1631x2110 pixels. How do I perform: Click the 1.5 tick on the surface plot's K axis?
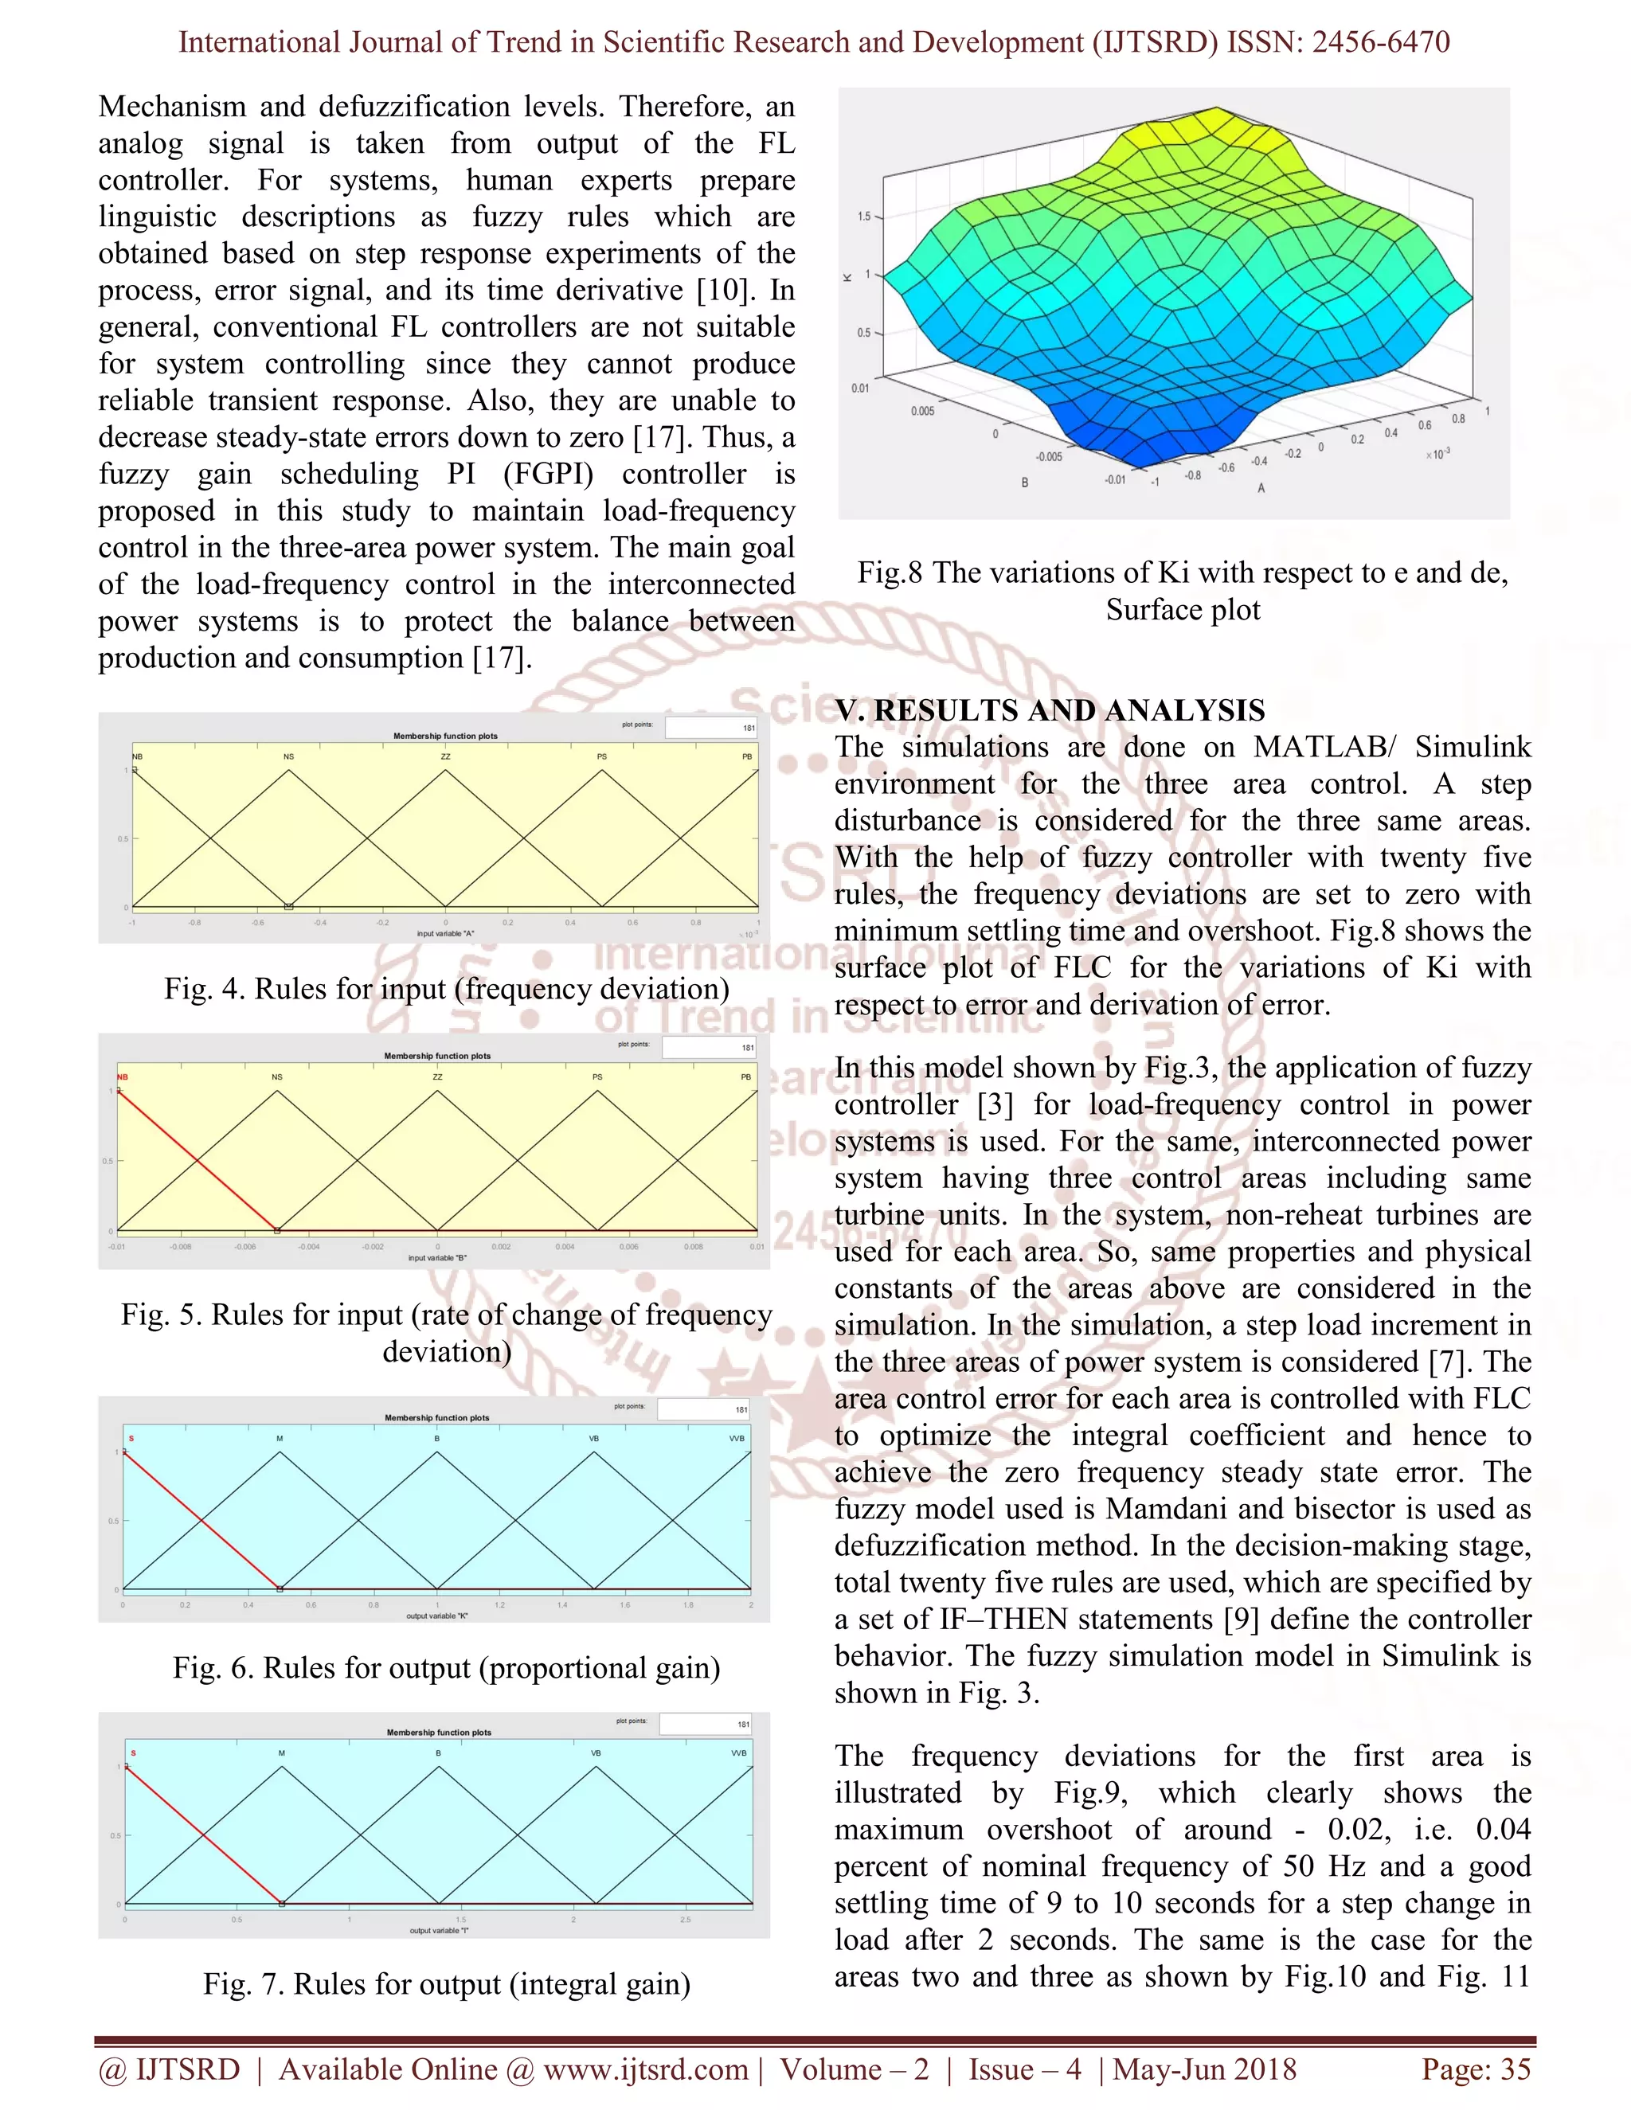[x=864, y=217]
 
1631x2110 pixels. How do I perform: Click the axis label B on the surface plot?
[x=1024, y=481]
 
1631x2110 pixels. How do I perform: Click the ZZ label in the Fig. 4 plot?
[x=445, y=756]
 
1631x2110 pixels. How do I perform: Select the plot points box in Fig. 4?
[x=712, y=726]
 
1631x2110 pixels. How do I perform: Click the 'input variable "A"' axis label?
[x=445, y=933]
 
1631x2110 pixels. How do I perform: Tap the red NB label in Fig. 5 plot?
[x=123, y=1076]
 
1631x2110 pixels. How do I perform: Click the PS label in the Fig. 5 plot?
[x=597, y=1076]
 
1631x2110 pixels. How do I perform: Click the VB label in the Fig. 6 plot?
[x=594, y=1439]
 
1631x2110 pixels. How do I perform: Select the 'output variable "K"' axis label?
[x=436, y=1616]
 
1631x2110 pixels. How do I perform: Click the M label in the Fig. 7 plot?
[x=282, y=1752]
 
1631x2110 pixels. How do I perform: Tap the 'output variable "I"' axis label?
[x=439, y=1930]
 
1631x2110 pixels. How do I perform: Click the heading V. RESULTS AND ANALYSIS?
[x=1050, y=710]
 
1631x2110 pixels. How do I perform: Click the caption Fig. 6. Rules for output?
[x=447, y=1667]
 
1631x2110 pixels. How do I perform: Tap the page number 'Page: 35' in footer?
[x=1476, y=2069]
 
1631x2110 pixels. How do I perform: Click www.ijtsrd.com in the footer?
[x=645, y=2069]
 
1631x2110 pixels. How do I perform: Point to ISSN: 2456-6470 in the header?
[x=1338, y=41]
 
